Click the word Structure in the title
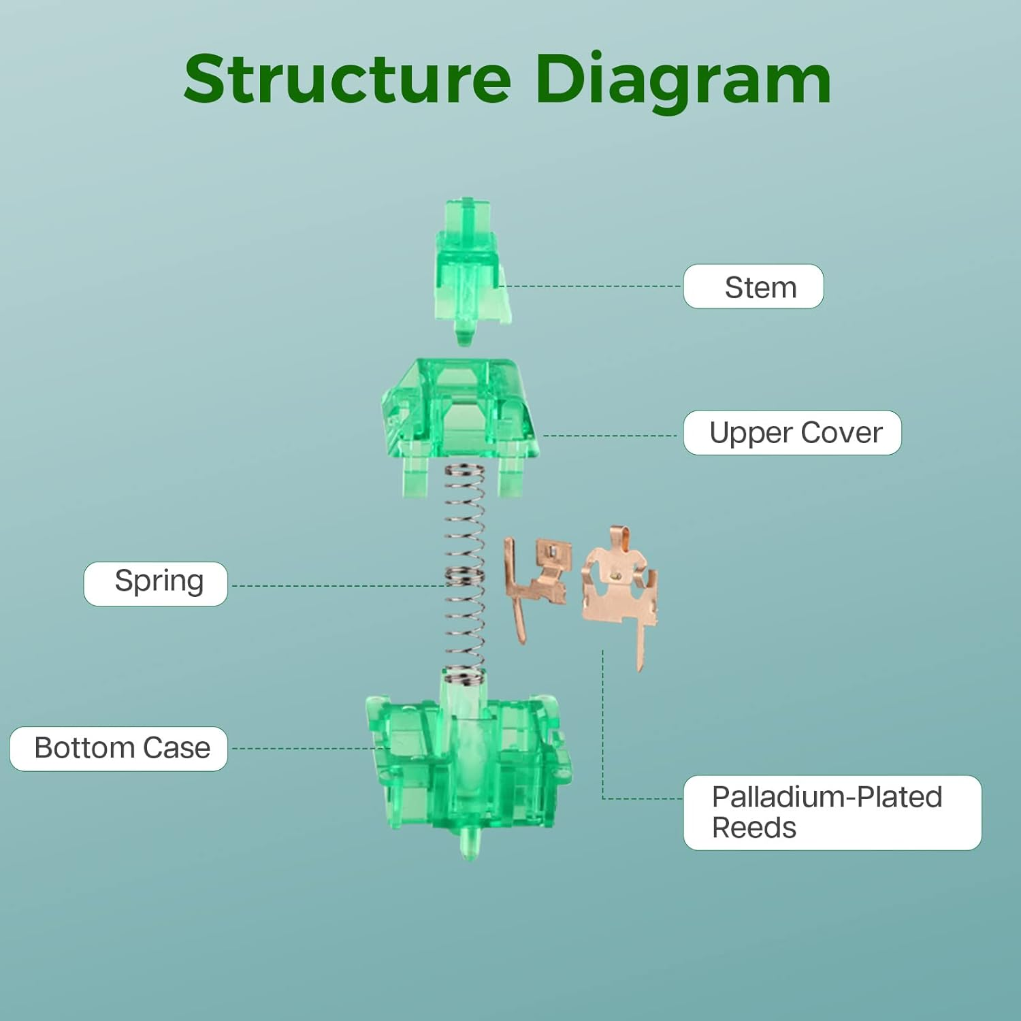(x=347, y=80)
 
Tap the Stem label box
(x=753, y=287)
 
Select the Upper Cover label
(x=792, y=433)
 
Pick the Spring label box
(x=156, y=583)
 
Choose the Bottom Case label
(x=118, y=749)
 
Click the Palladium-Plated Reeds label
(x=832, y=812)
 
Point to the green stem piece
(x=468, y=265)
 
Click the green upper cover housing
(x=459, y=415)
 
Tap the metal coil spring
(x=465, y=572)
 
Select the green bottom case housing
(x=470, y=762)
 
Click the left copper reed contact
(x=538, y=579)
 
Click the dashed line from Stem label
(x=592, y=287)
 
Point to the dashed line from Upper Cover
(x=609, y=436)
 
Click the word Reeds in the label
(x=753, y=828)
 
